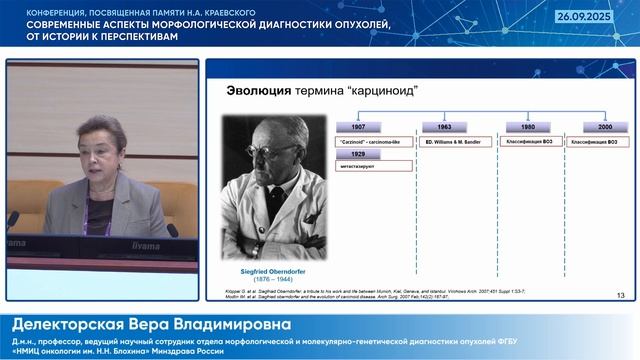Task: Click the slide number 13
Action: (620, 295)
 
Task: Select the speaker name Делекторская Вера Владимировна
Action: (150, 325)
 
